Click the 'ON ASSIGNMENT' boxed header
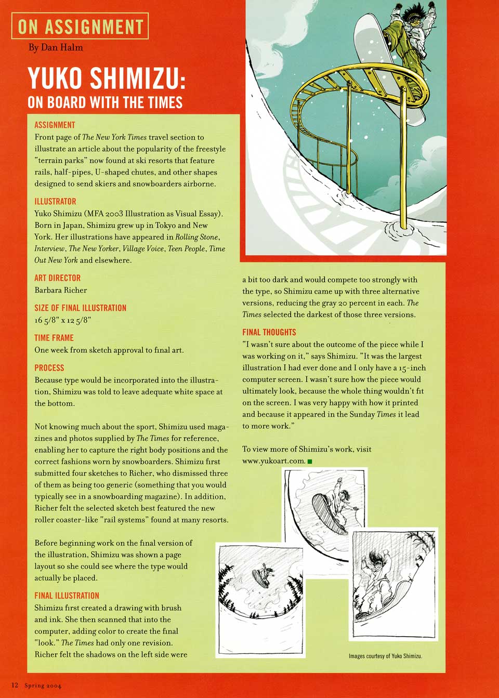pyautogui.click(x=80, y=26)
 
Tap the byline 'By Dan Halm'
pyautogui.click(x=56, y=47)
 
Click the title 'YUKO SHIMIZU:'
pyautogui.click(x=107, y=78)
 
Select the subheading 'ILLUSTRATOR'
pyautogui.click(x=55, y=201)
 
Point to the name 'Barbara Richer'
pyautogui.click(x=61, y=290)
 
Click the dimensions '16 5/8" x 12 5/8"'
pyautogui.click(x=63, y=320)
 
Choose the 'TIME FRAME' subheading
pyautogui.click(x=54, y=338)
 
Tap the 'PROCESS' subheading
pyautogui.click(x=49, y=367)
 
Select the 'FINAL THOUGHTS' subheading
pyautogui.click(x=269, y=332)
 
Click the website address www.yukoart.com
pyautogui.click(x=273, y=461)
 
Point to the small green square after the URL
pyautogui.click(x=310, y=462)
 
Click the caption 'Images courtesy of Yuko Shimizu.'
pyautogui.click(x=385, y=656)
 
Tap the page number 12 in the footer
pyautogui.click(x=15, y=686)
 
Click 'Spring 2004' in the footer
pyautogui.click(x=43, y=686)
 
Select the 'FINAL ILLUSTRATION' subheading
pyautogui.click(x=67, y=596)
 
